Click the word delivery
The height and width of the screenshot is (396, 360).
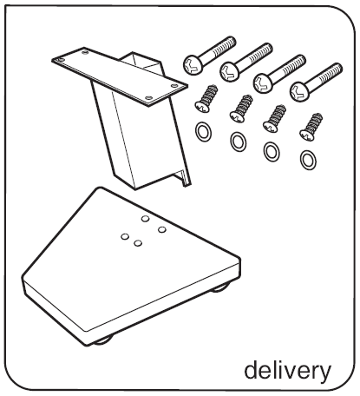(288, 371)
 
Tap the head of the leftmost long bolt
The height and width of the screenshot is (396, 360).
(193, 64)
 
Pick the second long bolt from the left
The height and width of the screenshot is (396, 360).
(246, 63)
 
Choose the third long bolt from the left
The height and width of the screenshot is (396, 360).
(279, 74)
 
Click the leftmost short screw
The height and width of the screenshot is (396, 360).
(206, 99)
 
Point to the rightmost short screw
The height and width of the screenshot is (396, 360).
(311, 128)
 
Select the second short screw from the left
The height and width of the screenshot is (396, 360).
(241, 109)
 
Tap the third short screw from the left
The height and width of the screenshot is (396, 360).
(274, 119)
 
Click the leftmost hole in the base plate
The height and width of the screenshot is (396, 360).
(125, 237)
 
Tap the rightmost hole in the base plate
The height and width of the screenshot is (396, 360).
(162, 230)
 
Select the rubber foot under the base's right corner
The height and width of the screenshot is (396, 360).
(220, 287)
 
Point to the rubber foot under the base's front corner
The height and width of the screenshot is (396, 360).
(103, 340)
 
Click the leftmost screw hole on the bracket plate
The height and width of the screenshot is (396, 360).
(60, 60)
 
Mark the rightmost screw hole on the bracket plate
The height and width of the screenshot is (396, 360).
(174, 86)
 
